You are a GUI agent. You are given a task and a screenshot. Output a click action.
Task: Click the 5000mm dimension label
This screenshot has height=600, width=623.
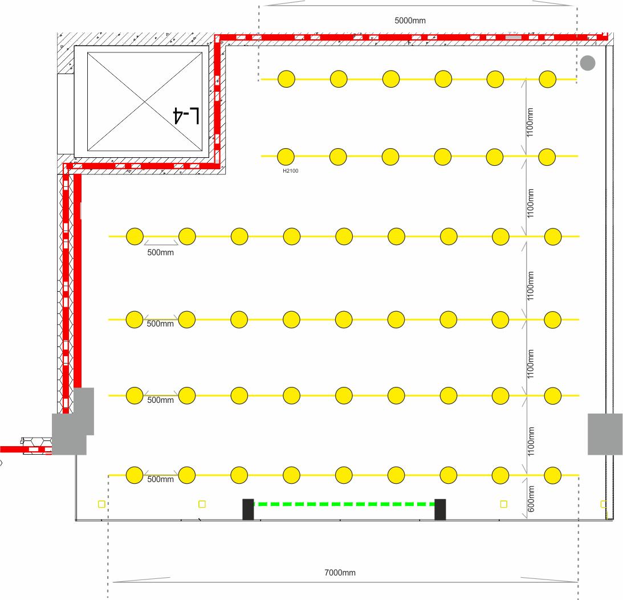coord(410,21)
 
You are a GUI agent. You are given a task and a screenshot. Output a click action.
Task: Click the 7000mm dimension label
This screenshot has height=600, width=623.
coord(340,573)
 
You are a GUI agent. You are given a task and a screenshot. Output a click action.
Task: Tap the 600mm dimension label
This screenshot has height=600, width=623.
coord(531,499)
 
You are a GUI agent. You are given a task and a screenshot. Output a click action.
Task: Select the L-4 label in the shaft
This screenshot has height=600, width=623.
coord(186,116)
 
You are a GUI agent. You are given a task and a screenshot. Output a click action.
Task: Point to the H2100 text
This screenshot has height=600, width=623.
coord(291,171)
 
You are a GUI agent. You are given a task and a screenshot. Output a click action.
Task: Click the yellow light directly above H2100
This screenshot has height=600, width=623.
coord(286,157)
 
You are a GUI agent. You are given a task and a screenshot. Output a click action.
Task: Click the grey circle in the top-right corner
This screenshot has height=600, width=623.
coord(588,63)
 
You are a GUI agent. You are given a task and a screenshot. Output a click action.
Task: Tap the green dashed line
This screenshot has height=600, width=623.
coord(344,504)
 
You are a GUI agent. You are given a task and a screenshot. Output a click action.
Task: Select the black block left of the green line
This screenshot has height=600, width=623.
coord(249,509)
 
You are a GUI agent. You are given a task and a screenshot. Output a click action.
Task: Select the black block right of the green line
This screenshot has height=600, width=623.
coord(440,509)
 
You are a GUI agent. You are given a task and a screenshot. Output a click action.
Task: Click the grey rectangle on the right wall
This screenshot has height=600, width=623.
coord(605,434)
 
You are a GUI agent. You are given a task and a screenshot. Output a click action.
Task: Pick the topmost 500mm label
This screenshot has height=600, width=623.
coord(161,252)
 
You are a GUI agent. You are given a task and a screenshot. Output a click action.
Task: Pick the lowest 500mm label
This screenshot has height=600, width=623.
coord(161,479)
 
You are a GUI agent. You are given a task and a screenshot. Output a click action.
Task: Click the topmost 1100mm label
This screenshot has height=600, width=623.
coord(530,123)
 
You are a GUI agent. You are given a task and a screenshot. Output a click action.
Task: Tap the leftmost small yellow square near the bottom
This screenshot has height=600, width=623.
coord(101,504)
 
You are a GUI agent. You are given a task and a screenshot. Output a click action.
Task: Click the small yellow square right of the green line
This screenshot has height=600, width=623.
coord(504,504)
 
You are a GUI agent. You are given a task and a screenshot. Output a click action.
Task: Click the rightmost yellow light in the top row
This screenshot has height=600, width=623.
coord(548,79)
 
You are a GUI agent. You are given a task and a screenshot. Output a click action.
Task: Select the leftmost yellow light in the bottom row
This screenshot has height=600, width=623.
coord(135,475)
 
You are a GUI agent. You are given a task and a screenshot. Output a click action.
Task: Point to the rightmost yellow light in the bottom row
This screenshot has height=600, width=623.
coord(553,475)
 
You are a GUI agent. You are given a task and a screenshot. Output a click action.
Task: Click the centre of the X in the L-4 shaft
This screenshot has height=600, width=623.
coord(145,101)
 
